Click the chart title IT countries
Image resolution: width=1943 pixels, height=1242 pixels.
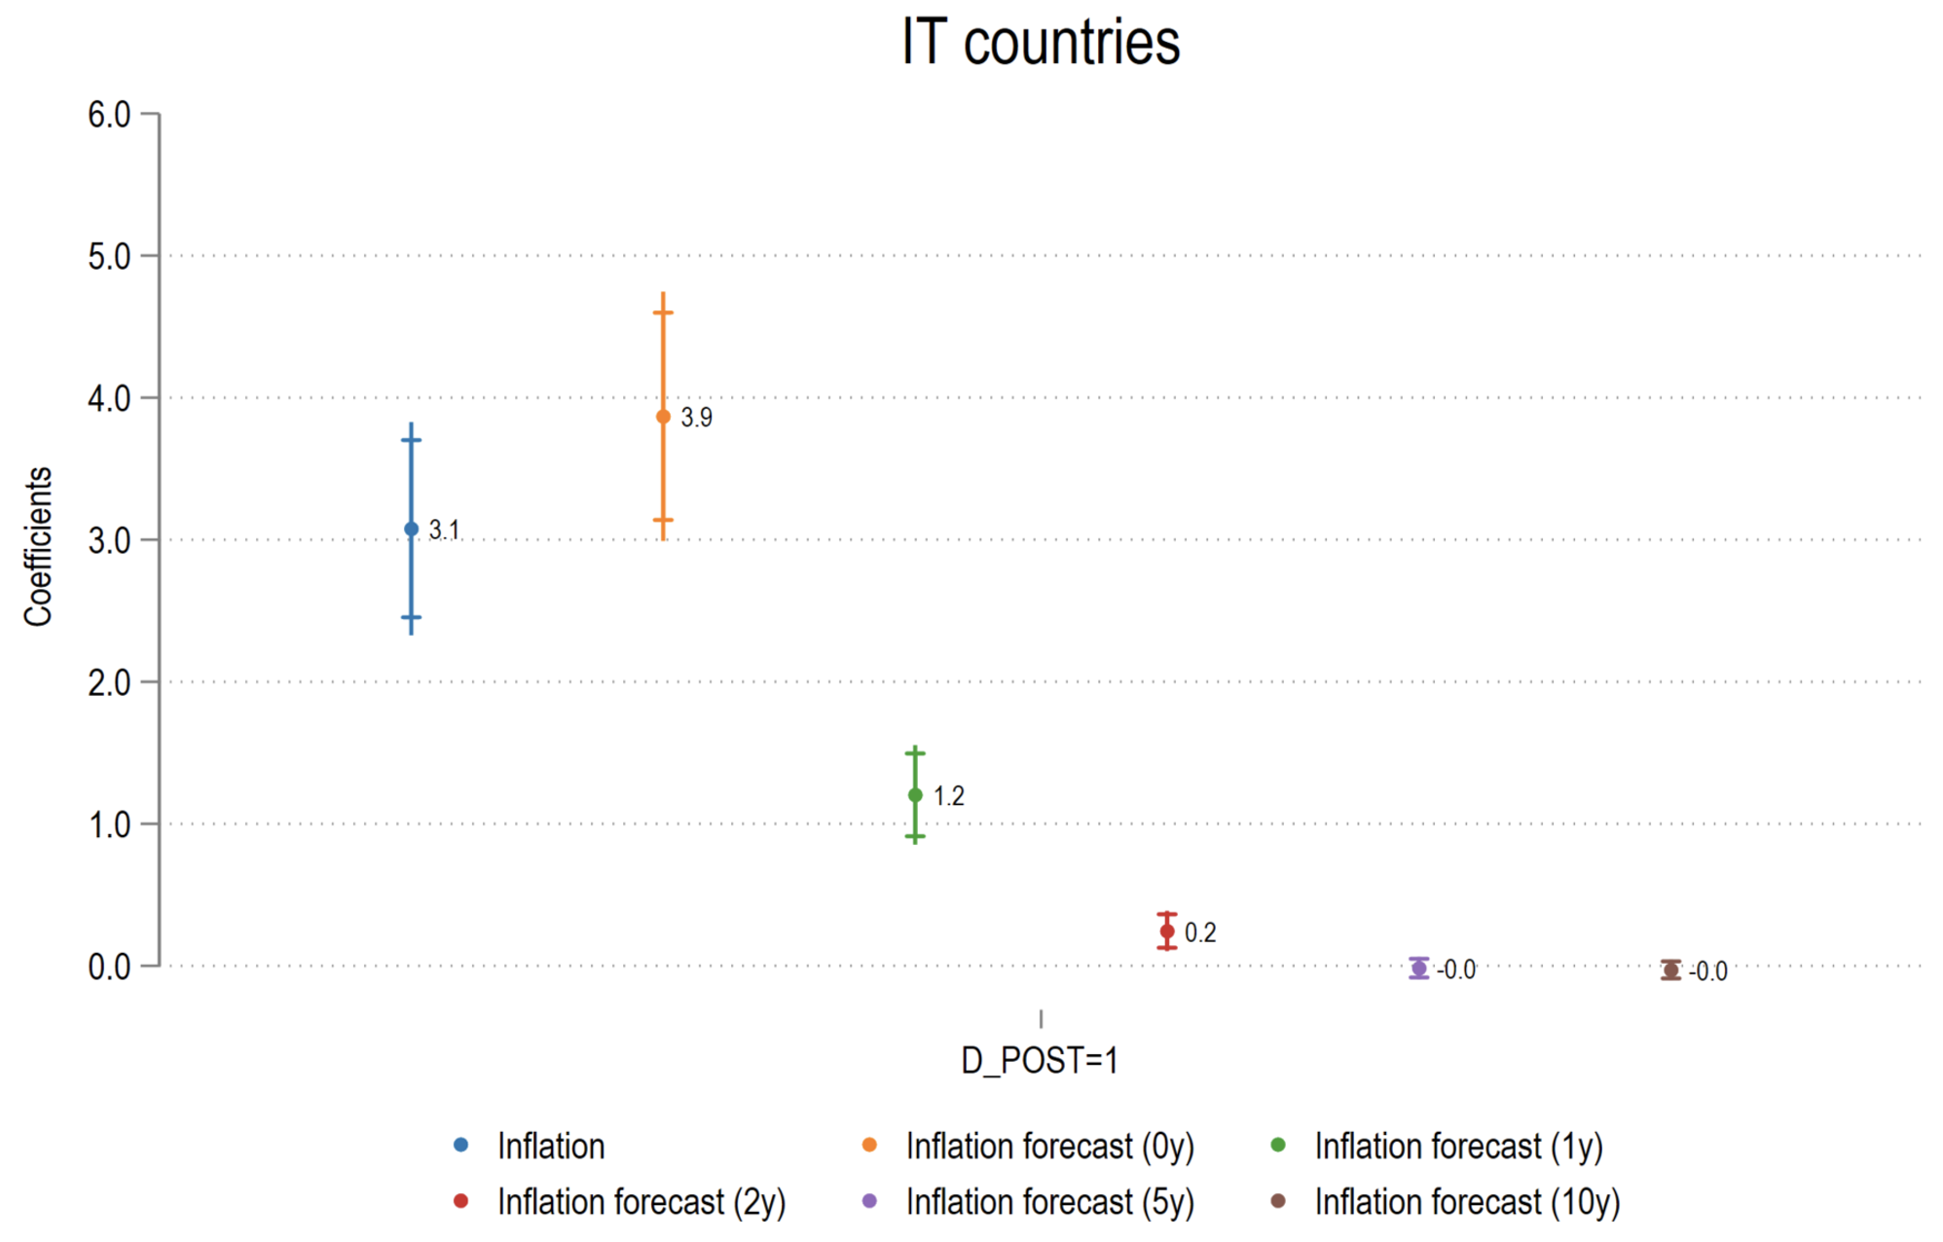point(1040,43)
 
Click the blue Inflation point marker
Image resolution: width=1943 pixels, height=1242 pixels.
point(411,529)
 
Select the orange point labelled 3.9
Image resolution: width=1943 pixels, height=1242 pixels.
point(663,417)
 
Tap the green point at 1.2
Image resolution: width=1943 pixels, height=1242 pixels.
point(915,795)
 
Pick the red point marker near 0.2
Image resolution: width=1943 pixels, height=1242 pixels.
point(1167,931)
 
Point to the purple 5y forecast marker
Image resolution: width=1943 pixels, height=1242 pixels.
point(1419,968)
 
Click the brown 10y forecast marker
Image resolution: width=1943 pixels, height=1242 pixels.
point(1670,969)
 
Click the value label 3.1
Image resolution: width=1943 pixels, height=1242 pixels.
point(444,530)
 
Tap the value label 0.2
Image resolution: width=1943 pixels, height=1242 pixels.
point(1200,932)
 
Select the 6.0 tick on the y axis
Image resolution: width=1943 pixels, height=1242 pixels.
point(109,115)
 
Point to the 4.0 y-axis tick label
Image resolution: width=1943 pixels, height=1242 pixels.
point(109,398)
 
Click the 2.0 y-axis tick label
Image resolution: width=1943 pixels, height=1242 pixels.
point(109,682)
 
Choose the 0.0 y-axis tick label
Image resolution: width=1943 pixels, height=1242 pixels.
point(109,967)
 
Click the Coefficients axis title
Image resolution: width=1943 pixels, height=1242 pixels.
point(38,546)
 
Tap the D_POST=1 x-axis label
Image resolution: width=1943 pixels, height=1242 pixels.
point(1040,1060)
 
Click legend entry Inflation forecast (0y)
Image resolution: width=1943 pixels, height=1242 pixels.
point(1049,1146)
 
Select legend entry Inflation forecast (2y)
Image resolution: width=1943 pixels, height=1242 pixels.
point(641,1202)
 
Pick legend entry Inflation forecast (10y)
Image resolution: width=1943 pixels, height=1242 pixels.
point(1466,1202)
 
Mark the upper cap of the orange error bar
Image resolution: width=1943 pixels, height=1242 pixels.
point(663,312)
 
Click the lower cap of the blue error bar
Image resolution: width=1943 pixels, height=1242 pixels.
point(411,617)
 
